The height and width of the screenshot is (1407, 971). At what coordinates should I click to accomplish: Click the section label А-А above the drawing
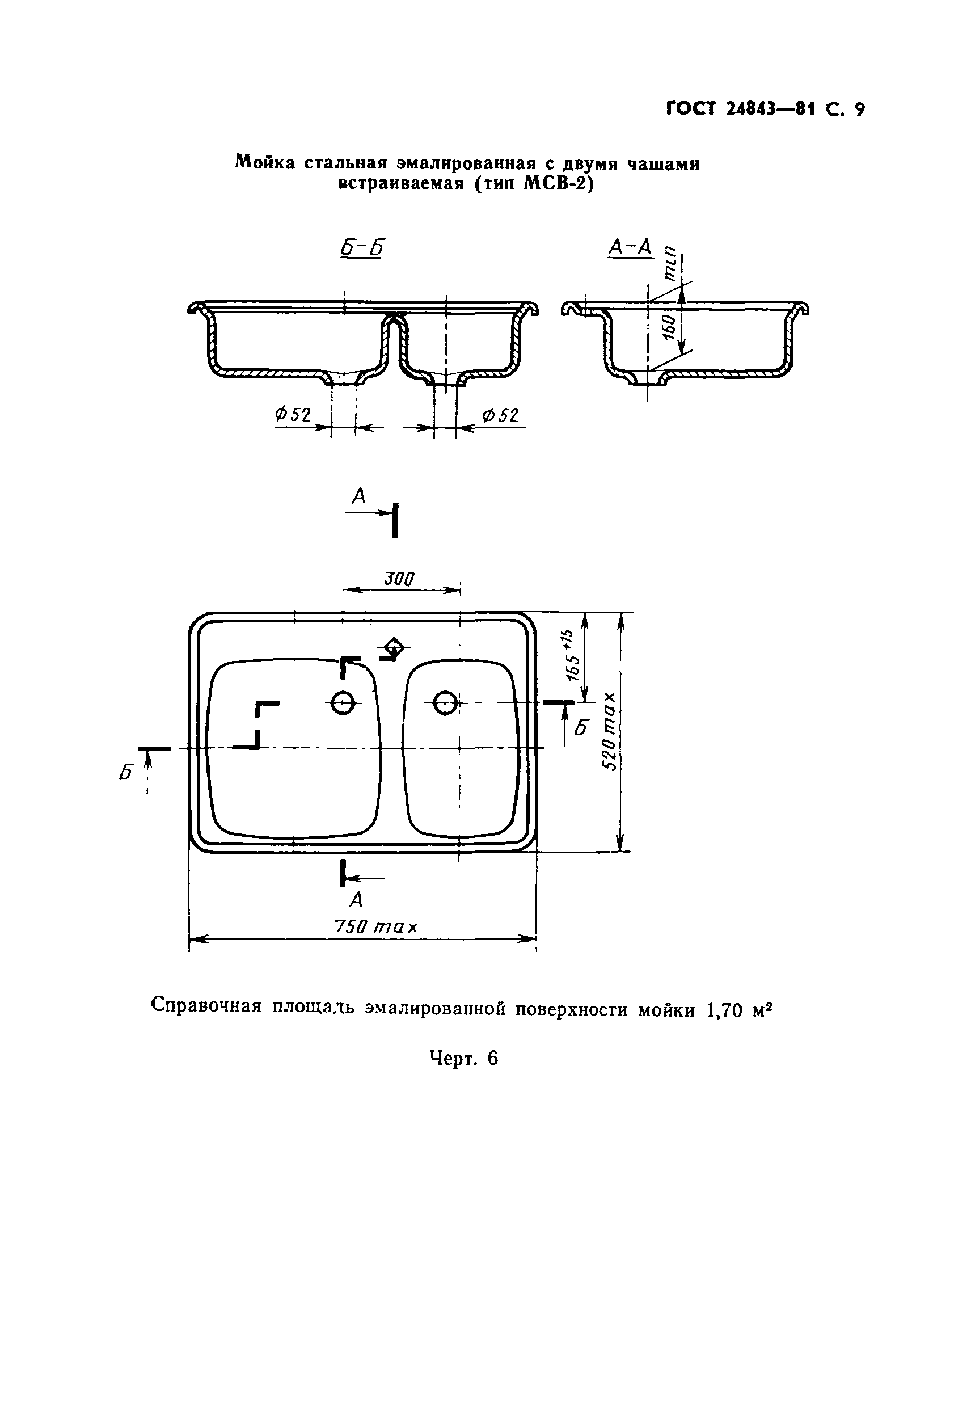coord(630,247)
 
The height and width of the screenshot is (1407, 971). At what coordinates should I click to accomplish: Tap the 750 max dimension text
coord(376,927)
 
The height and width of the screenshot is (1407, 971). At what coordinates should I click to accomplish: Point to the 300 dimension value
coord(399,579)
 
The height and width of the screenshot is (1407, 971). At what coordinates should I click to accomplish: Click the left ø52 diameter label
coord(293,415)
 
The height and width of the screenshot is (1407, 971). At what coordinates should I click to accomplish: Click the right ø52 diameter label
coord(501,415)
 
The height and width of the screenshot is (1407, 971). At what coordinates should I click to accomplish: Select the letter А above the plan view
coord(359,496)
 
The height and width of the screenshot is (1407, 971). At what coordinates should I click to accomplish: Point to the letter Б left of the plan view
coord(126,772)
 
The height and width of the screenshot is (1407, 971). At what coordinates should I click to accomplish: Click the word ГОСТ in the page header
coord(691,109)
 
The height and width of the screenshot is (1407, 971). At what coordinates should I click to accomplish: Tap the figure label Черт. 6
coord(463,1058)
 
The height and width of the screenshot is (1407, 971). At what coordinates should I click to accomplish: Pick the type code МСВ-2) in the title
coord(558,183)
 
